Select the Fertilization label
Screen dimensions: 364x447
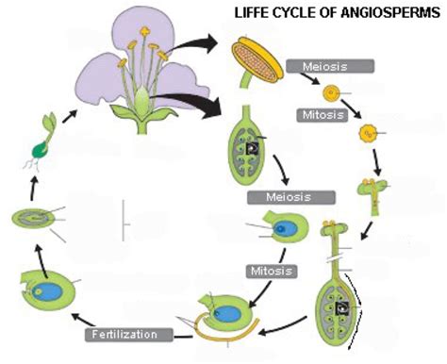pyautogui.click(x=131, y=334)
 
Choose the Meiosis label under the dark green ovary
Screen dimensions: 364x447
pyautogui.click(x=290, y=198)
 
